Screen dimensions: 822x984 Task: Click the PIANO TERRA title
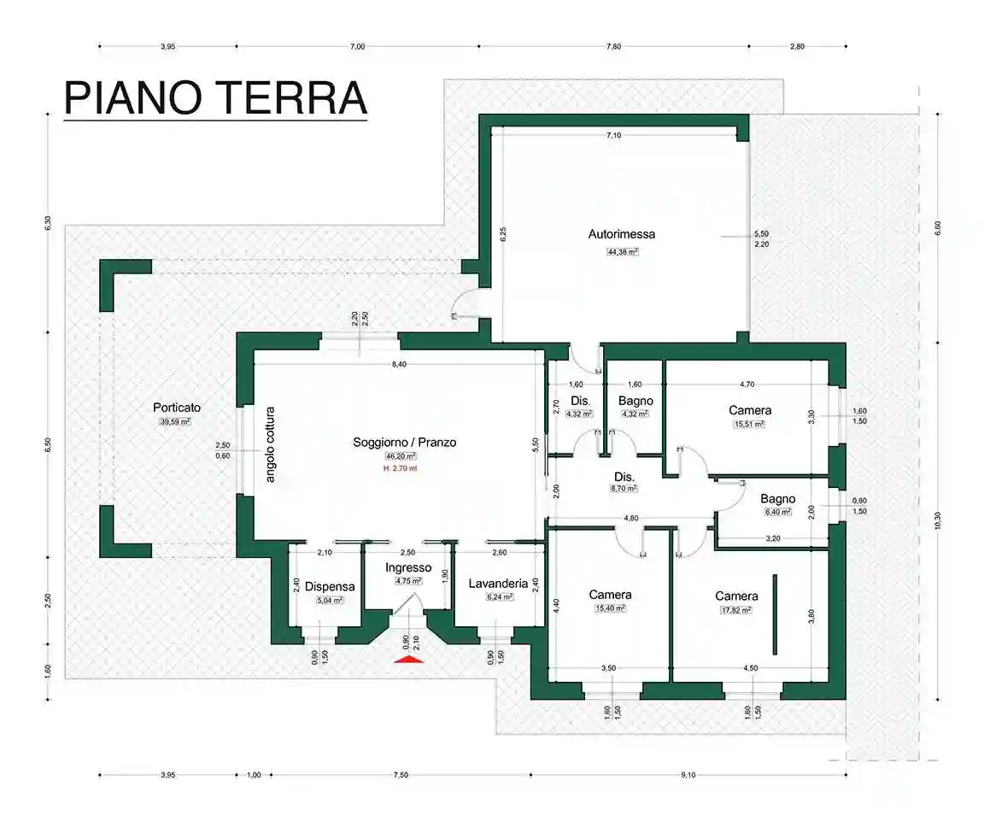click(x=215, y=98)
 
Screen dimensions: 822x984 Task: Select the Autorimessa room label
click(x=622, y=233)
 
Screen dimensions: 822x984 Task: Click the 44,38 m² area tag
click(x=623, y=252)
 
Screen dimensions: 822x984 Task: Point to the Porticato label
click(x=177, y=407)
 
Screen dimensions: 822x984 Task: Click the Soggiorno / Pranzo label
click(x=404, y=443)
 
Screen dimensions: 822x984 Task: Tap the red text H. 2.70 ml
click(x=404, y=469)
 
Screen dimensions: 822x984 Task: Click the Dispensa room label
click(x=329, y=587)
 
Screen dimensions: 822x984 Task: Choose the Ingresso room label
click(x=407, y=567)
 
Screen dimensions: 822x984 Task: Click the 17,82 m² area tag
click(x=736, y=610)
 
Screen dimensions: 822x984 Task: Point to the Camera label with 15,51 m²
click(x=750, y=410)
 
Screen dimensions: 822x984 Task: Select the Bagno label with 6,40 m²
click(x=777, y=499)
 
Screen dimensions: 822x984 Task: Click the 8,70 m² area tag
click(x=623, y=489)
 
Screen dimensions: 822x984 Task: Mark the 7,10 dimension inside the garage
click(x=613, y=135)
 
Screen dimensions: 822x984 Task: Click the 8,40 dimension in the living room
click(x=399, y=365)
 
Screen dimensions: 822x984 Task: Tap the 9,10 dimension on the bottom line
click(x=688, y=775)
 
